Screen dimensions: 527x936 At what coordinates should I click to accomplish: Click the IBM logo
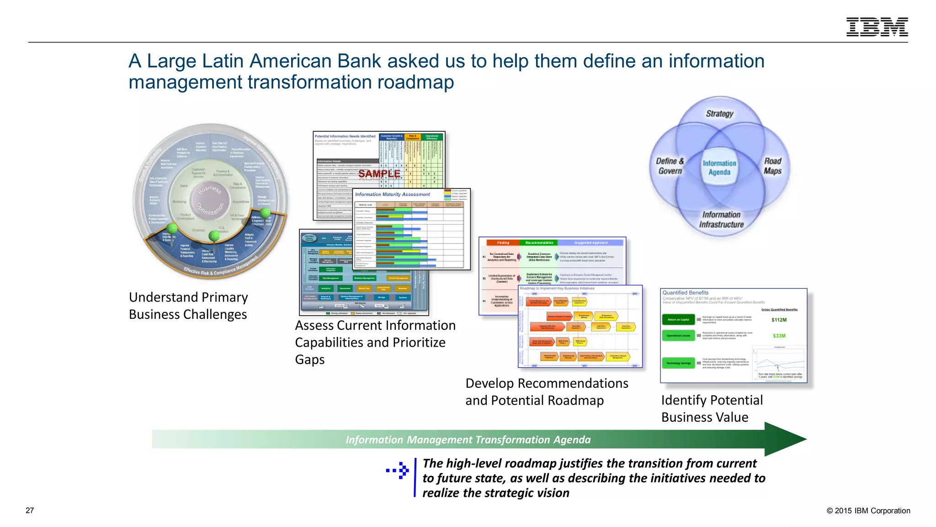(877, 27)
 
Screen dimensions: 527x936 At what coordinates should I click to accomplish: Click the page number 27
(30, 511)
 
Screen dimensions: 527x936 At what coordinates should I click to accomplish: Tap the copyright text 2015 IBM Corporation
(868, 511)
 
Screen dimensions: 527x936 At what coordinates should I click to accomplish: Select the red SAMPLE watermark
(379, 174)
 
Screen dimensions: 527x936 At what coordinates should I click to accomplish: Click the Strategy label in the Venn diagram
(719, 113)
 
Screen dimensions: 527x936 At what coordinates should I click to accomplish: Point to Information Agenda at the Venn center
(719, 167)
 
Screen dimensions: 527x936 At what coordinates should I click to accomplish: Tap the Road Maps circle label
(772, 166)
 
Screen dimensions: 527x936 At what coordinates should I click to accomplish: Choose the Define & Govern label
(670, 166)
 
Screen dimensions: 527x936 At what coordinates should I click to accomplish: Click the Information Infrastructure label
(721, 220)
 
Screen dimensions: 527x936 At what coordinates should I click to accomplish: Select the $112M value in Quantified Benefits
(779, 320)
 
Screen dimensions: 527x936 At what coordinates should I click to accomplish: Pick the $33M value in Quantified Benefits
(779, 336)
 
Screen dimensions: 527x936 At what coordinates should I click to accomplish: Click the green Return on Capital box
(678, 320)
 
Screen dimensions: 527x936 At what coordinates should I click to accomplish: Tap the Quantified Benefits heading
(685, 293)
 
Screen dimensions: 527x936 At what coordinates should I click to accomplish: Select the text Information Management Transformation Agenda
(468, 440)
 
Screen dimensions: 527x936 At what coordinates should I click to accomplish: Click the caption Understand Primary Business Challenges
(188, 306)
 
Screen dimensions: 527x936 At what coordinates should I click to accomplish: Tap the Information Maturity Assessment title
(392, 194)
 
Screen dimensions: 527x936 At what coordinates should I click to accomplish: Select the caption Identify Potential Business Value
(712, 409)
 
